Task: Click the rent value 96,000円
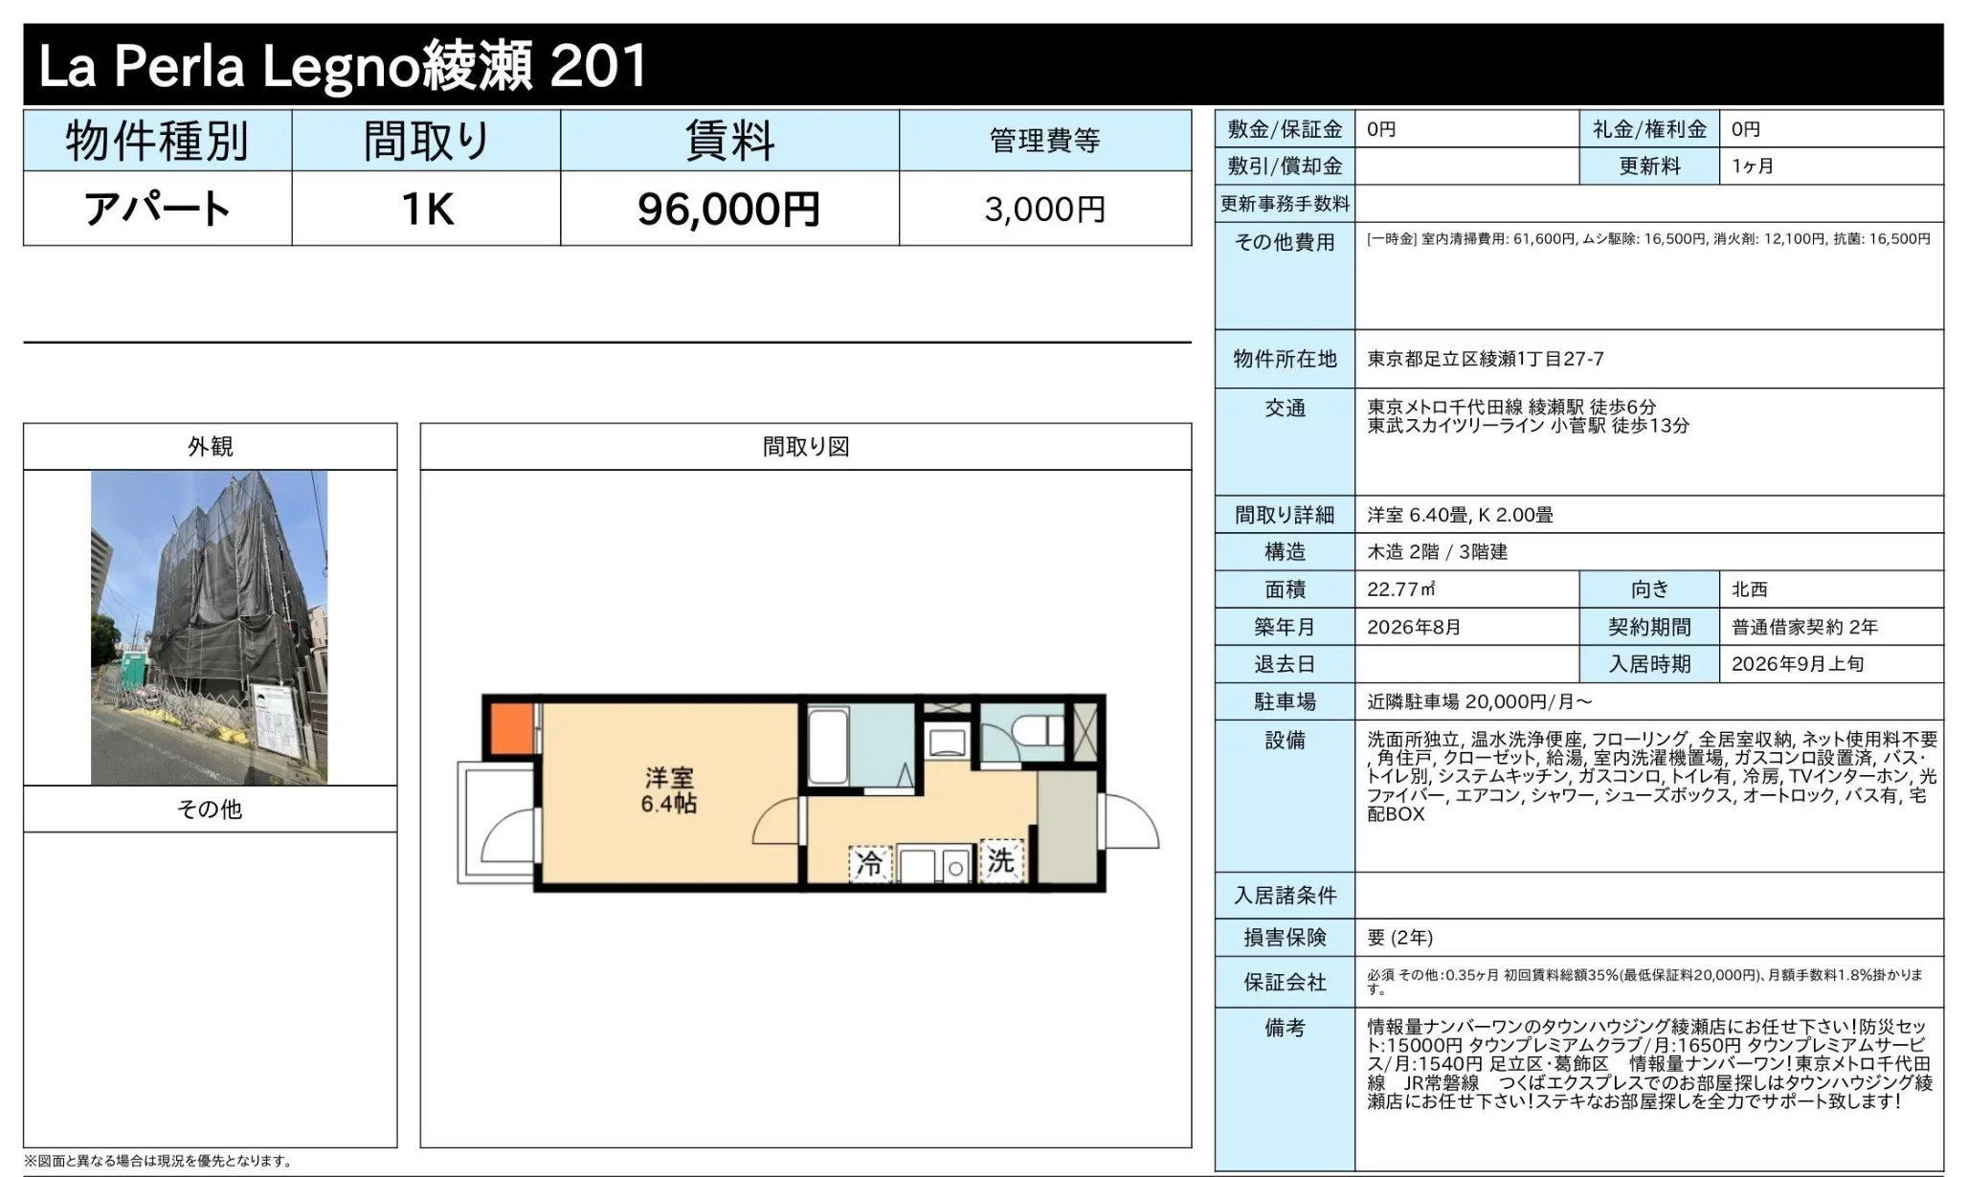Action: [728, 209]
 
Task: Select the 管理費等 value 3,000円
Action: [1045, 209]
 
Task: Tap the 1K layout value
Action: [427, 209]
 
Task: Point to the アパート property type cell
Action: [158, 209]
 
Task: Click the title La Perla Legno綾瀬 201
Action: [343, 65]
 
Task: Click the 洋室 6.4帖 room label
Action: [669, 790]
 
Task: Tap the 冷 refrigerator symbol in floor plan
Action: [869, 864]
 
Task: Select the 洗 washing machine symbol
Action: [1001, 860]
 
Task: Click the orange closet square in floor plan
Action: [512, 729]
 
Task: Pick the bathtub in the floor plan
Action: [829, 746]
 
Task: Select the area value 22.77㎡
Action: [1401, 589]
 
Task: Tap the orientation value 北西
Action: [1750, 589]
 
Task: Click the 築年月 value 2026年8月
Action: [1414, 627]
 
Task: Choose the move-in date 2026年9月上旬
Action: [1798, 664]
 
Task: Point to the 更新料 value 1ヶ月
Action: [1753, 166]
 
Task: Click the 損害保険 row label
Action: [1285, 938]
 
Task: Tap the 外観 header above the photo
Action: [211, 446]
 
